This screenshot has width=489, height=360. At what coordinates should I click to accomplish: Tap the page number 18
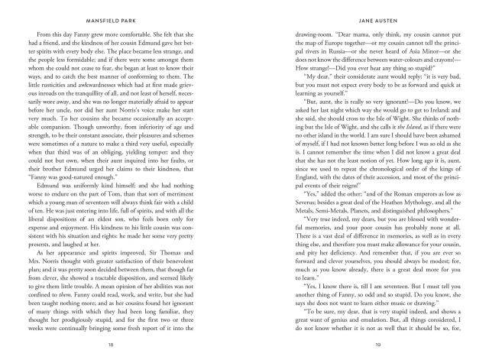[x=121, y=346]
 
